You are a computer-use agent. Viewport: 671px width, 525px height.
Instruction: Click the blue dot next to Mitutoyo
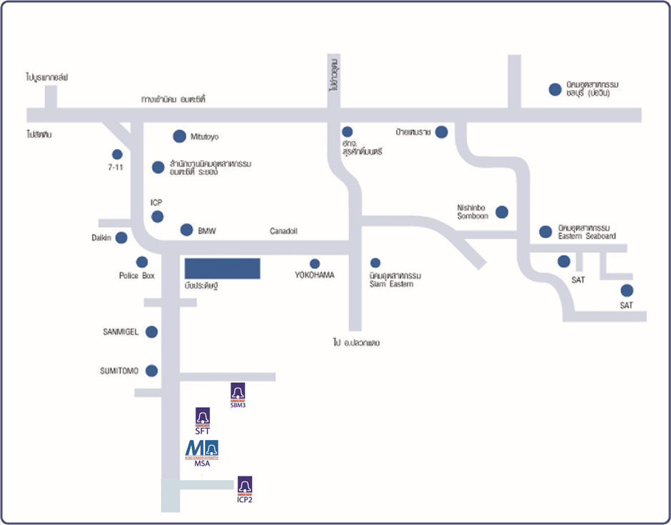(179, 136)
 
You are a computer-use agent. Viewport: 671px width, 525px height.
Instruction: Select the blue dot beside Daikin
(121, 238)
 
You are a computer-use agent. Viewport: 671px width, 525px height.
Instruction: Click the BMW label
(207, 231)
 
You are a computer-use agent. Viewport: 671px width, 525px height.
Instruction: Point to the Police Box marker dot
(142, 262)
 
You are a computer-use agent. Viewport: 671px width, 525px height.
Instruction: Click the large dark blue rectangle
(222, 269)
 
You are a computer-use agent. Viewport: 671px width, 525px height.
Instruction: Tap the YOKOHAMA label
(315, 275)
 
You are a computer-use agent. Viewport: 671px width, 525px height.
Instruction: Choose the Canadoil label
(283, 231)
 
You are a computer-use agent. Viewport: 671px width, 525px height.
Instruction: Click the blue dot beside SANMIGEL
(151, 331)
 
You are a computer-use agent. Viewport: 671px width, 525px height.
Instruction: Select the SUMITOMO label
(119, 371)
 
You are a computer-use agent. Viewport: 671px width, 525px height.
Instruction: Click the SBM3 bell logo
(238, 392)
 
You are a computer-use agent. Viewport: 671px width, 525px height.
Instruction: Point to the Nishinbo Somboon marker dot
(502, 211)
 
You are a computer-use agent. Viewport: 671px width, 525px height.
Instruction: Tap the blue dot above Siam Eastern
(375, 263)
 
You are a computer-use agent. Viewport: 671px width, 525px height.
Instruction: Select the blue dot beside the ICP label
(158, 216)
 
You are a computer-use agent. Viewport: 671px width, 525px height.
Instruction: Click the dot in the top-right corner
(555, 89)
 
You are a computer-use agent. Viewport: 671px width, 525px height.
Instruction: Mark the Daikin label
(101, 238)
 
